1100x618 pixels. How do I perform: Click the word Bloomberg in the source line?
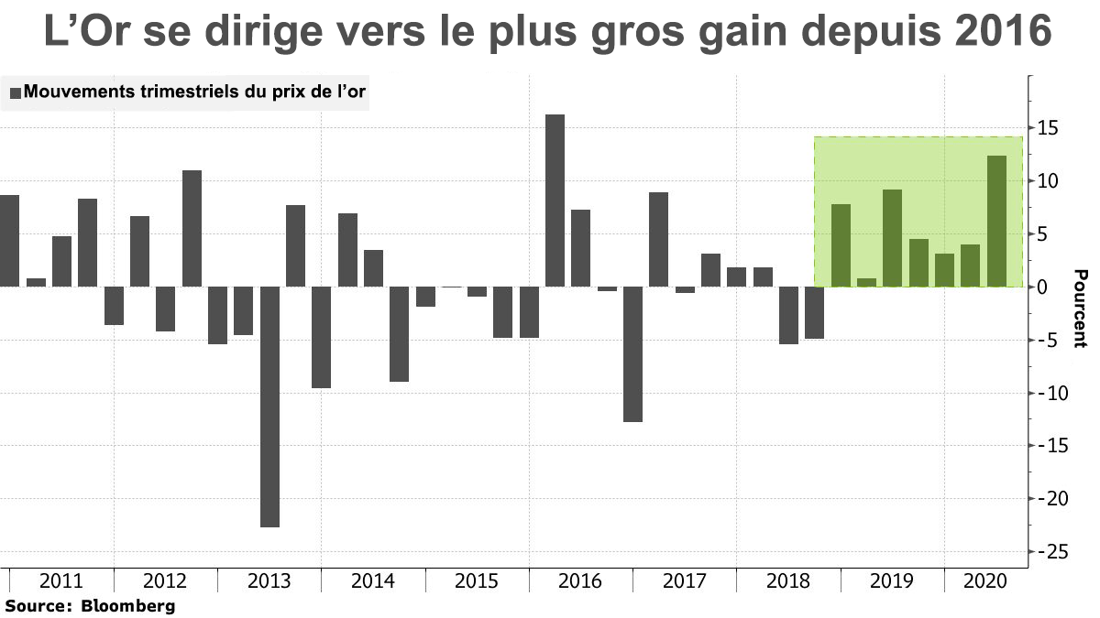128,605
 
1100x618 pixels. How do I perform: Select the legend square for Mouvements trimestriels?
15,92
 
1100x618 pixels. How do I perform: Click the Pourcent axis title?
1081,309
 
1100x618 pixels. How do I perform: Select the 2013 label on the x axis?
269,581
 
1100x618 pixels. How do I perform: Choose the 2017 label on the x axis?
684,581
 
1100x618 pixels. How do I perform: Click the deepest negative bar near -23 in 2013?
269,407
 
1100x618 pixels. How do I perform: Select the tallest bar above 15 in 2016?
555,201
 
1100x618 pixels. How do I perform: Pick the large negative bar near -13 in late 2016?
632,354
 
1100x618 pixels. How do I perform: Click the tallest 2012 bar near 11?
192,229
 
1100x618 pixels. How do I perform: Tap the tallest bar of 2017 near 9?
658,240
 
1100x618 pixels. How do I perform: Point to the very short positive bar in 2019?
866,283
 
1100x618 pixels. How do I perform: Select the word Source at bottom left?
37,605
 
